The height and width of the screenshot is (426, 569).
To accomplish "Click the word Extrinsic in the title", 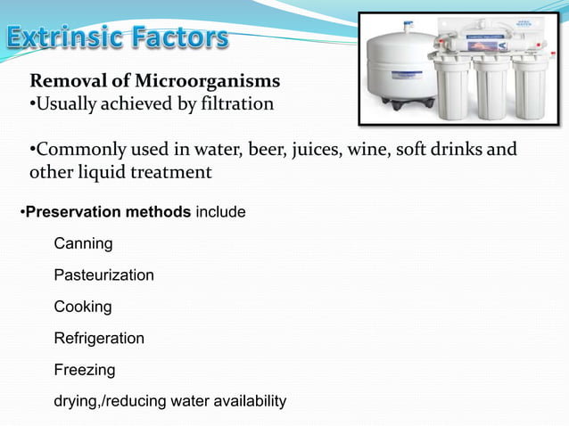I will click(64, 38).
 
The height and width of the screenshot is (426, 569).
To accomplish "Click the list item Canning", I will click(83, 243).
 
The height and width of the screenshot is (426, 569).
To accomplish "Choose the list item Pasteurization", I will click(103, 275).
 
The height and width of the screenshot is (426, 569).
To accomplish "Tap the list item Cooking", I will click(83, 307).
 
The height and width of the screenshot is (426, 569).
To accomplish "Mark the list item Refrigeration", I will click(99, 339).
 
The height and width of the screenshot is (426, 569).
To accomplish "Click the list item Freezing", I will click(84, 369).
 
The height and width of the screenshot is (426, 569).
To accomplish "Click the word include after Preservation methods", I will click(222, 213).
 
